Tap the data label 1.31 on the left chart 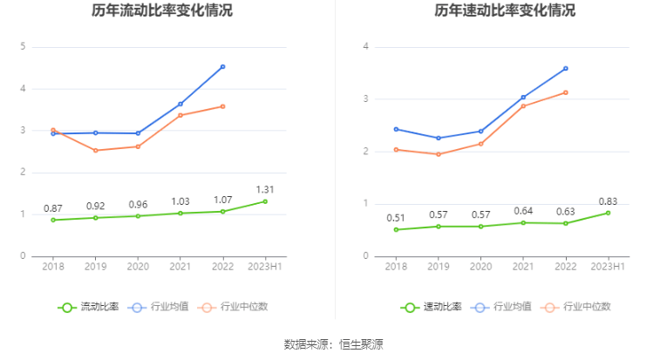265,188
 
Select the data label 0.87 53,208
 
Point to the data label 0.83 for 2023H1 608,200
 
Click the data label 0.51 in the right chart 396,218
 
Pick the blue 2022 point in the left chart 223,66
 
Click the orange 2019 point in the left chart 96,150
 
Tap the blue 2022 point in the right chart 566,68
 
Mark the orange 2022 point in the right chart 566,92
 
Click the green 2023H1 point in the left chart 265,201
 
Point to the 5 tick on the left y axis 23,47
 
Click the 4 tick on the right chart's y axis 366,47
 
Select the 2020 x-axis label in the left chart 138,266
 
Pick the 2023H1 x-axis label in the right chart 608,266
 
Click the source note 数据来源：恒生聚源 333,343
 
